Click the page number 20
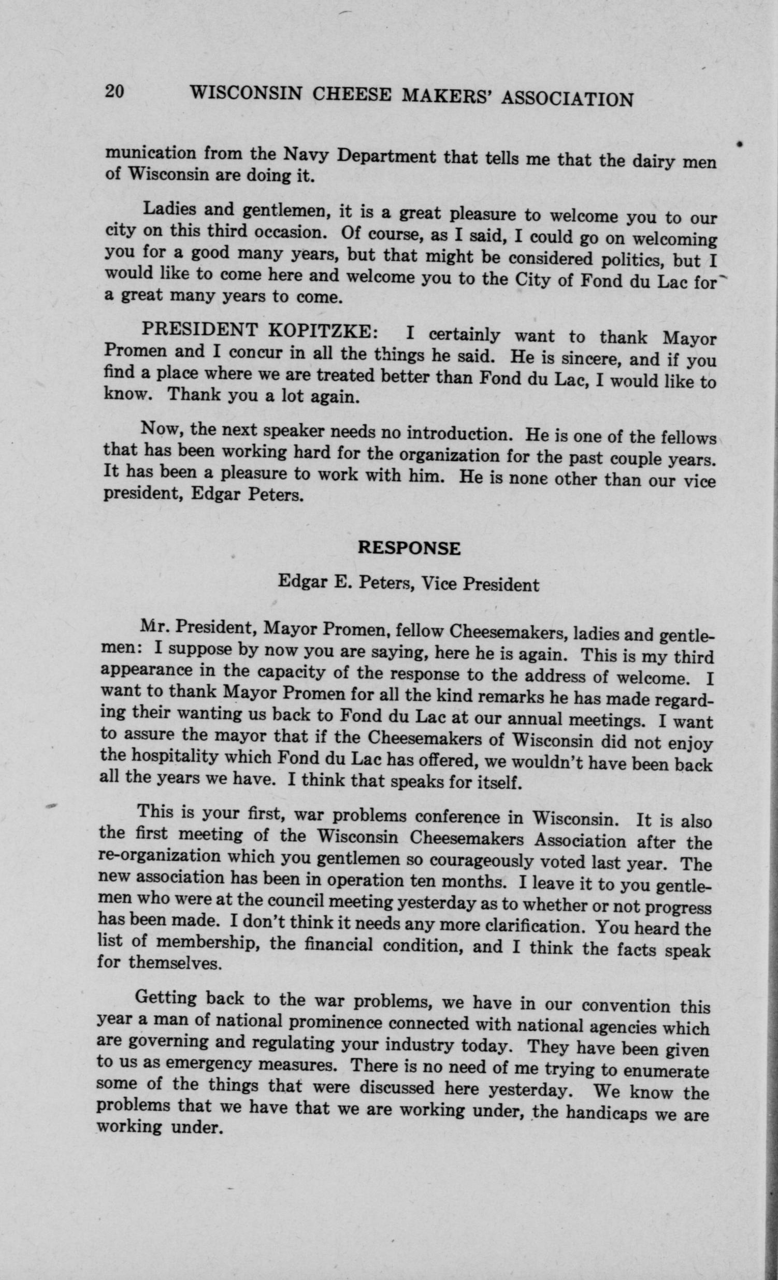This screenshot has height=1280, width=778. [x=114, y=91]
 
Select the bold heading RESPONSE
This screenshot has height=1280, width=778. [x=409, y=549]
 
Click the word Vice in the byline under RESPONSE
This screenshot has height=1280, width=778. [x=439, y=584]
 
